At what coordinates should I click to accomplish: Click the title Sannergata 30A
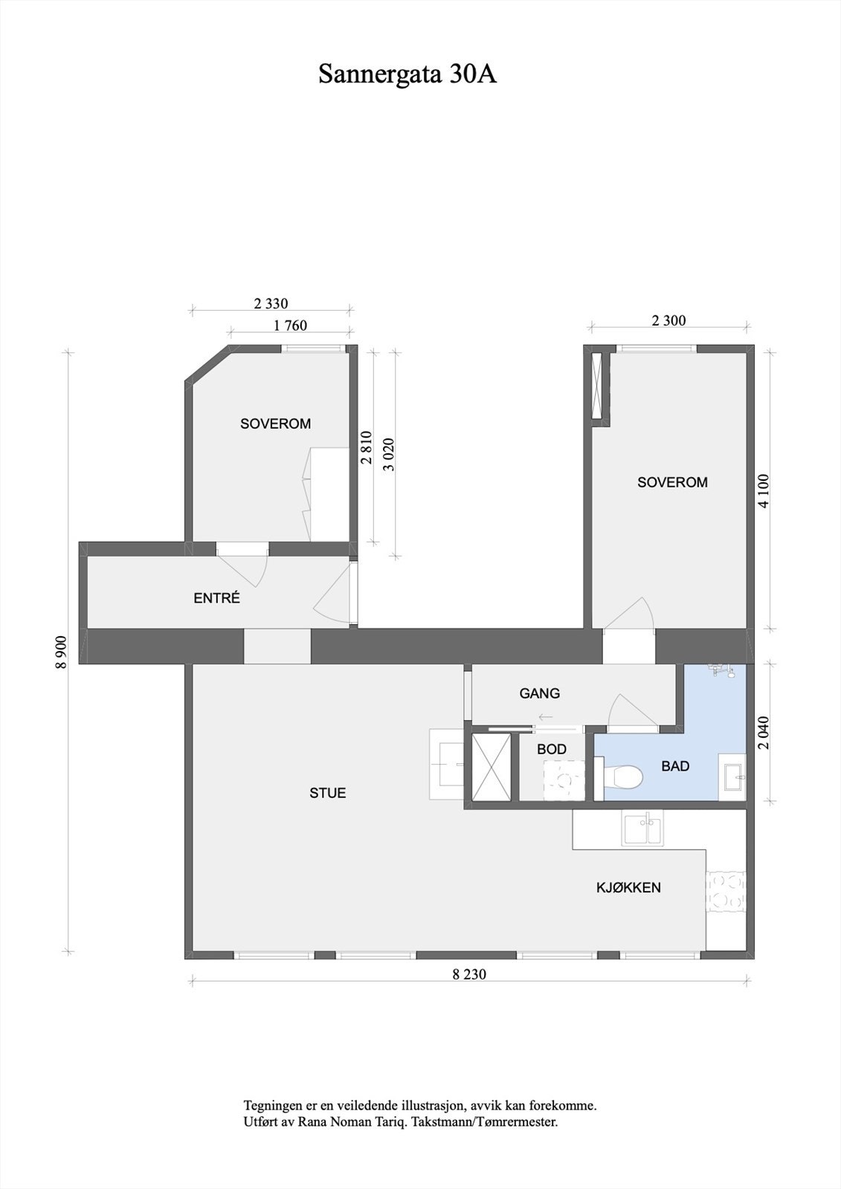click(407, 74)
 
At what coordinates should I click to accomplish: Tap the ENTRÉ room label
click(216, 597)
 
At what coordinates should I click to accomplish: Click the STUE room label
click(327, 793)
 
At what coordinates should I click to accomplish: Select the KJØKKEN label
click(628, 887)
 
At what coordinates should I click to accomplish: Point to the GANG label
click(539, 693)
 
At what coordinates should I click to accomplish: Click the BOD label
click(551, 749)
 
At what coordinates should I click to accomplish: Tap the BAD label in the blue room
click(675, 766)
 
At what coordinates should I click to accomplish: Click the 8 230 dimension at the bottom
click(468, 974)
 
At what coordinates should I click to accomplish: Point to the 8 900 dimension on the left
click(62, 652)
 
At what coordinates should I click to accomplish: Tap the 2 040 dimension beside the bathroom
click(764, 733)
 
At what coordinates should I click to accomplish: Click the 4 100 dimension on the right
click(764, 491)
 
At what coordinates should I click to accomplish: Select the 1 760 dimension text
click(290, 325)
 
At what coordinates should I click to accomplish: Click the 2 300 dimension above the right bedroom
click(668, 321)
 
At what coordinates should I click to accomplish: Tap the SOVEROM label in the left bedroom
click(275, 424)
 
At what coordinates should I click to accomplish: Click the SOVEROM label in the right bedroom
click(672, 482)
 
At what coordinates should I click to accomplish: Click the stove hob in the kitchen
click(725, 890)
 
